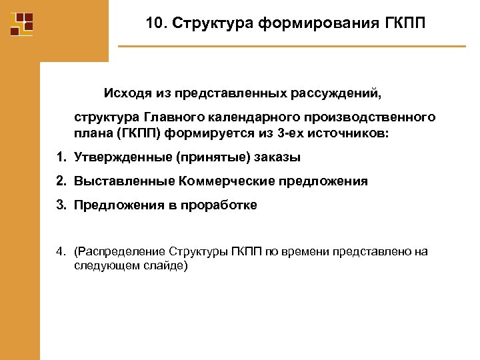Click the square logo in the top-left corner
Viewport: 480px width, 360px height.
click(x=22, y=24)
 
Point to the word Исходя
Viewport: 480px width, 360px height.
click(x=125, y=92)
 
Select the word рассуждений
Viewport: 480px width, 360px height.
click(x=338, y=92)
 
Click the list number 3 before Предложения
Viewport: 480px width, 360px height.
click(x=60, y=205)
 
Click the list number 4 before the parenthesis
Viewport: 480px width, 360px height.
click(x=60, y=252)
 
